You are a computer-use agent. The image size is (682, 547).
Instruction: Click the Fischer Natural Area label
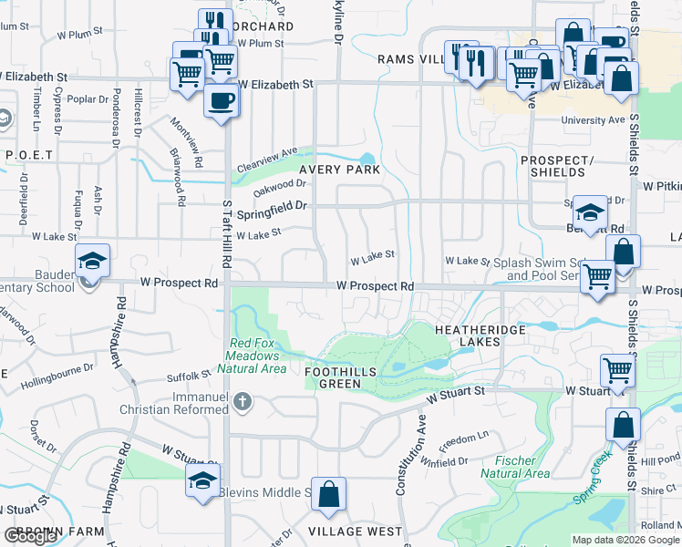[x=515, y=467]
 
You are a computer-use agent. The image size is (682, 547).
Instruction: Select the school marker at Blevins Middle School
[x=203, y=484]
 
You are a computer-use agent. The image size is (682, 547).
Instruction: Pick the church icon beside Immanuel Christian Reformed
[x=241, y=399]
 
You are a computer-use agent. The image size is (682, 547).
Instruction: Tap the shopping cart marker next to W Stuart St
[x=617, y=370]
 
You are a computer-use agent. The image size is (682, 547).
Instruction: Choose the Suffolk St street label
[x=189, y=373]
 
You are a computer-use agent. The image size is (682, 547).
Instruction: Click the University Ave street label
[x=594, y=119]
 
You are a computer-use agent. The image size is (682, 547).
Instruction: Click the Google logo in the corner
[x=30, y=536]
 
